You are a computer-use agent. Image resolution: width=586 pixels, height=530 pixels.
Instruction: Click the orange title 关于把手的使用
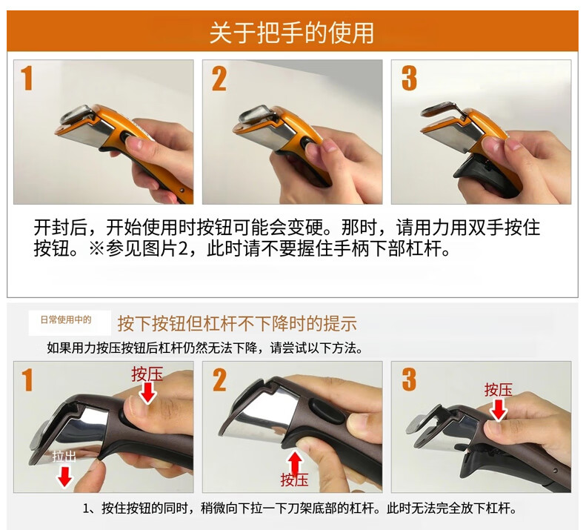click(x=291, y=33)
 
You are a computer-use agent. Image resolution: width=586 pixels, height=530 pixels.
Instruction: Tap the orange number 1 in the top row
click(x=27, y=78)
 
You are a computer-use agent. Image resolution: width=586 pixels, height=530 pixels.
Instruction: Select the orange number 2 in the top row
click(x=219, y=79)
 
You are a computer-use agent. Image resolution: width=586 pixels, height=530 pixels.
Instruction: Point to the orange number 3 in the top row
click(x=409, y=79)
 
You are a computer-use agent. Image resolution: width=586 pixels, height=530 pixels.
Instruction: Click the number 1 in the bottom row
click(x=27, y=380)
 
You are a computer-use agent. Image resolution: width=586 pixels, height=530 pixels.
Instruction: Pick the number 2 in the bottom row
click(x=220, y=380)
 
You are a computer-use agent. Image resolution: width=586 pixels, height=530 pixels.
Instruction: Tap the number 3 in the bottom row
click(x=409, y=380)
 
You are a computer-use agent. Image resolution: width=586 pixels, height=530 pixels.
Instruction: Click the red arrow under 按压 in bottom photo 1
click(x=148, y=394)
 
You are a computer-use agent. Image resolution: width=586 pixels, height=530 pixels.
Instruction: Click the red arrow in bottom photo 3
click(x=498, y=411)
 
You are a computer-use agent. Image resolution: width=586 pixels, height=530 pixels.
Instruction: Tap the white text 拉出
click(x=64, y=457)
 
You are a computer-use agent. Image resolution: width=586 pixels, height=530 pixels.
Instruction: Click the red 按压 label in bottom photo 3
click(x=498, y=390)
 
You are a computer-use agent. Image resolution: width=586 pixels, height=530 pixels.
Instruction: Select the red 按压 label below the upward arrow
click(x=295, y=480)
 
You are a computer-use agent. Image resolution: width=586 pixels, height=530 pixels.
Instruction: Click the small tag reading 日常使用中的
click(x=66, y=319)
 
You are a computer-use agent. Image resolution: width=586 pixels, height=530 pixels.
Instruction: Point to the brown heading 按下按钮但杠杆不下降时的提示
click(x=237, y=324)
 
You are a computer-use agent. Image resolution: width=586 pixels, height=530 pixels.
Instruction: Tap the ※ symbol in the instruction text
click(x=97, y=248)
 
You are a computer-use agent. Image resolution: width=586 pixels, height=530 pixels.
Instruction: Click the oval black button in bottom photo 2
click(x=326, y=411)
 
